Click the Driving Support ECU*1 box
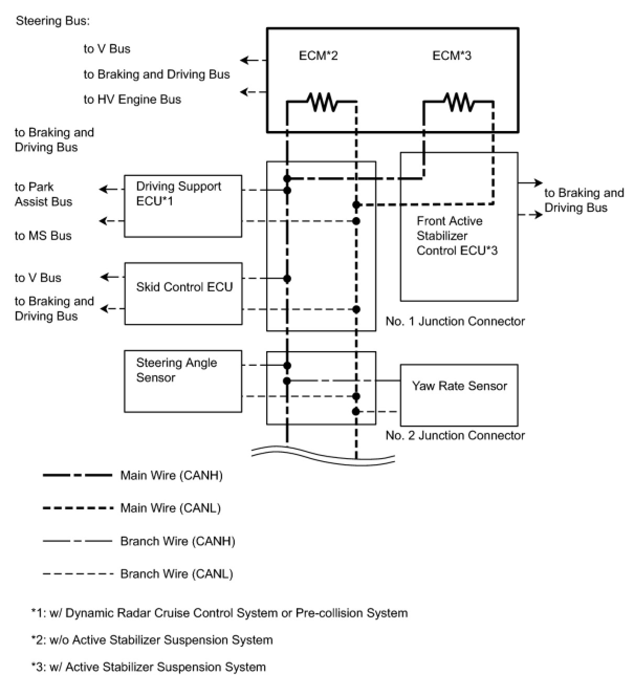(183, 206)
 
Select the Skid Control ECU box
(183, 293)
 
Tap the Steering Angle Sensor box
(183, 382)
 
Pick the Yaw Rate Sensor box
(459, 395)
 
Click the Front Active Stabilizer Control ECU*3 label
(457, 236)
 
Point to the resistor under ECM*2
(322, 102)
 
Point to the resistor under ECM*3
(458, 102)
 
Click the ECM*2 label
(318, 56)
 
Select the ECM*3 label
(452, 56)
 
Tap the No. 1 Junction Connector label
(455, 321)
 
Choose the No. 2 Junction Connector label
(455, 436)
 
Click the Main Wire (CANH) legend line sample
(78, 475)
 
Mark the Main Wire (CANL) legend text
(170, 508)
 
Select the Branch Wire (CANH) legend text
(178, 541)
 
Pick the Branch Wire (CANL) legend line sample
(78, 574)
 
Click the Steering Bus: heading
(53, 21)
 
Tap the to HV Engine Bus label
(132, 100)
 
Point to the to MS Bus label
(43, 236)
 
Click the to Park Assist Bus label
(43, 194)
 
